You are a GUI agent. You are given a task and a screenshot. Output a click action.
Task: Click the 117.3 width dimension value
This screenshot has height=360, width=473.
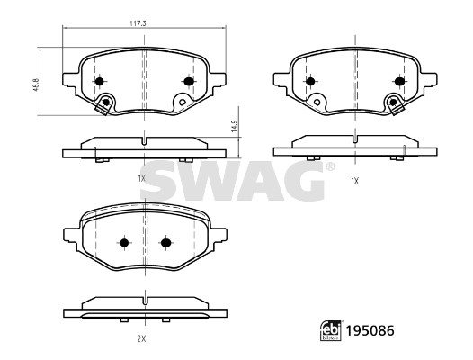click(x=138, y=23)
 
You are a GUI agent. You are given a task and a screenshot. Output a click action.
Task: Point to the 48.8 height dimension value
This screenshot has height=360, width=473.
click(x=36, y=85)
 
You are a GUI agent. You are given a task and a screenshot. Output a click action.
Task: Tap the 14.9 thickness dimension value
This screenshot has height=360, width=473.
click(x=235, y=126)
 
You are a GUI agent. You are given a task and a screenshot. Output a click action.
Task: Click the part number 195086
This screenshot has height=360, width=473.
click(x=370, y=331)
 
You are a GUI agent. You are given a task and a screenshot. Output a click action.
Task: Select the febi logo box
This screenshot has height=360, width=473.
click(x=331, y=330)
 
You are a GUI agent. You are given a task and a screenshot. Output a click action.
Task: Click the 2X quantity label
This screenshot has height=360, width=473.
click(x=141, y=339)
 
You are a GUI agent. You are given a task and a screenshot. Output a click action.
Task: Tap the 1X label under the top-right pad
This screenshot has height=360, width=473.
click(x=354, y=181)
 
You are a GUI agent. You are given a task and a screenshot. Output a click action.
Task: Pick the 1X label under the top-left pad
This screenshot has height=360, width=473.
click(x=142, y=179)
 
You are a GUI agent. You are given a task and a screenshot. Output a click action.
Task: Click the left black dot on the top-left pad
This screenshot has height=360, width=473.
click(x=99, y=81)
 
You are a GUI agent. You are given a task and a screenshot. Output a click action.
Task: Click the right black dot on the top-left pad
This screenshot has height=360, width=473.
click(x=189, y=81)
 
